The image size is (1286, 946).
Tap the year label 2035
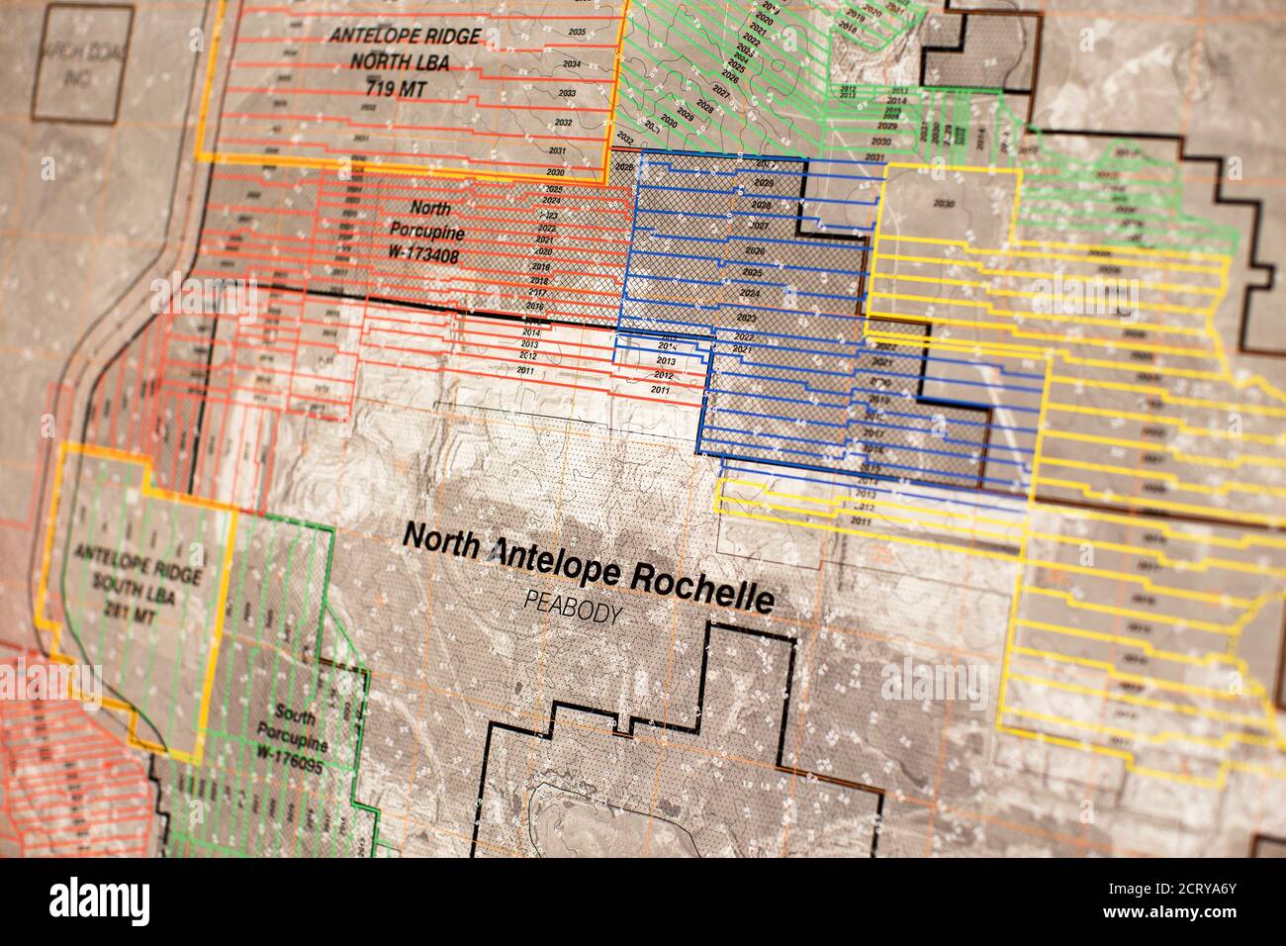[577, 33]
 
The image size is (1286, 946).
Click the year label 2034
[571, 63]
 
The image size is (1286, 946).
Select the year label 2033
[566, 93]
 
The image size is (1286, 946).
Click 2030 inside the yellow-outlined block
[944, 204]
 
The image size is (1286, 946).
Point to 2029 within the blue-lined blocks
[763, 184]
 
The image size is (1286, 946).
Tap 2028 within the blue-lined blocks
[761, 205]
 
